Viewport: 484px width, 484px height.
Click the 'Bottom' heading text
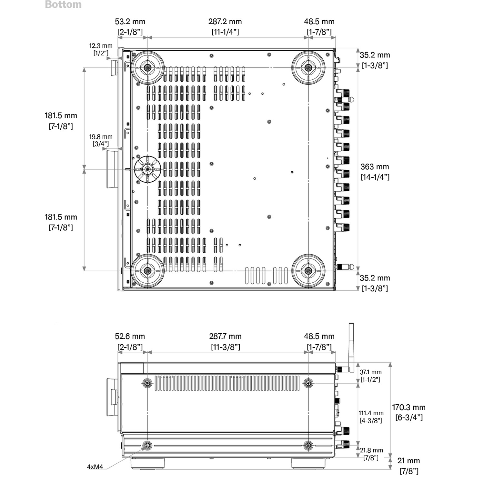pyautogui.click(x=63, y=5)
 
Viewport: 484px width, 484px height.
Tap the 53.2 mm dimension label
pyautogui.click(x=130, y=22)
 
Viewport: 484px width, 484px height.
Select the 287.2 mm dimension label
pyautogui.click(x=225, y=22)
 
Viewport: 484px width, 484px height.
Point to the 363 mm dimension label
pyautogui.click(x=375, y=167)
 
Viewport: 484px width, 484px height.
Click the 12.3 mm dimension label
pyautogui.click(x=101, y=46)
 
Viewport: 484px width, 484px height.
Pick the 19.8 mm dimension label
pyautogui.click(x=101, y=137)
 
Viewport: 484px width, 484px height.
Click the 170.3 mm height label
pyautogui.click(x=408, y=407)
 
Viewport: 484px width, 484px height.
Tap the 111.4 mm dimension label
pyautogui.click(x=371, y=413)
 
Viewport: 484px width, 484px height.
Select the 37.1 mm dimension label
pyautogui.click(x=370, y=372)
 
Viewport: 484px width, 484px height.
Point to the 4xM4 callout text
pyautogui.click(x=95, y=467)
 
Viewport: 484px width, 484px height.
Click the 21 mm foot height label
pyautogui.click(x=408, y=461)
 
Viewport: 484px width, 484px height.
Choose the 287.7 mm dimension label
pyautogui.click(x=225, y=336)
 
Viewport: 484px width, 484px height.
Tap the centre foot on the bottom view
pyautogui.click(x=147, y=169)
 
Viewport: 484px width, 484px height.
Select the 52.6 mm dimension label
pyautogui.click(x=130, y=336)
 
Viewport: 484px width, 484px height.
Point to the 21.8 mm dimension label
pyautogui.click(x=371, y=450)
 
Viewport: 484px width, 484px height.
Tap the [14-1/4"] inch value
pyautogui.click(x=375, y=177)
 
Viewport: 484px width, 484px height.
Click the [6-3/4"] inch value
pyautogui.click(x=409, y=418)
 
